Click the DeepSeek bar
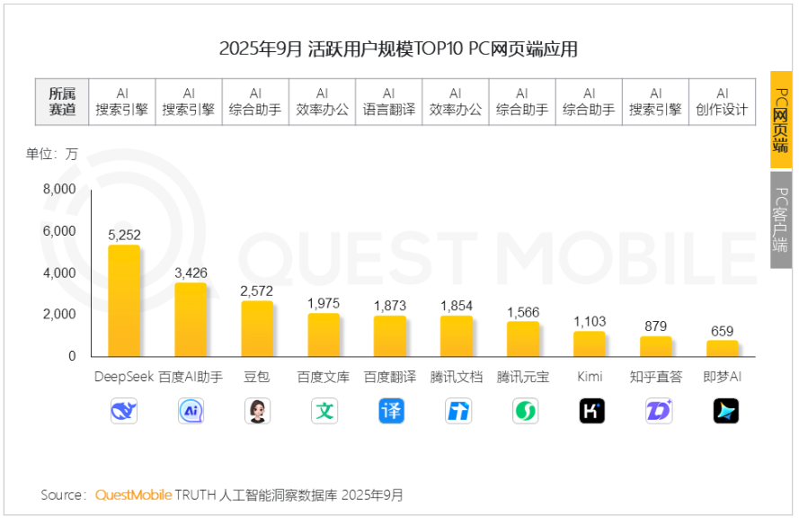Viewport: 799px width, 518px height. (124, 300)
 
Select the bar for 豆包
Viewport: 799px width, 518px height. (257, 328)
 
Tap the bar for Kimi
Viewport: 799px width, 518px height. (590, 344)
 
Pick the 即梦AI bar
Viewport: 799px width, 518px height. (723, 348)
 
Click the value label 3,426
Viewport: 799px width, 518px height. (191, 272)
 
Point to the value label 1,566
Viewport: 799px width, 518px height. (523, 311)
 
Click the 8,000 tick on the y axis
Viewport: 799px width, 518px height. (59, 190)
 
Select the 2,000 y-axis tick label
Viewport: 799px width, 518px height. (59, 315)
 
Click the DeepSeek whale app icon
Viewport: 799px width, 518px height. (124, 411)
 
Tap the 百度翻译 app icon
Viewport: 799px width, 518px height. (390, 411)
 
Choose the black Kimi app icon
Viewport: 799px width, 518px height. (590, 411)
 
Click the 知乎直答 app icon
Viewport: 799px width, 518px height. (657, 411)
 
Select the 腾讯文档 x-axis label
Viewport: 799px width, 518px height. (457, 377)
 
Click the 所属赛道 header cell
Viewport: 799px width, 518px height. (62, 102)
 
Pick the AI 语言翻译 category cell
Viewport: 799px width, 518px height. (389, 102)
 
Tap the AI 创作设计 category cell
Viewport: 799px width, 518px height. (722, 102)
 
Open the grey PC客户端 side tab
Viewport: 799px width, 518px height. (781, 219)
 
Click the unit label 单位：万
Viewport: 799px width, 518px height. (52, 154)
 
